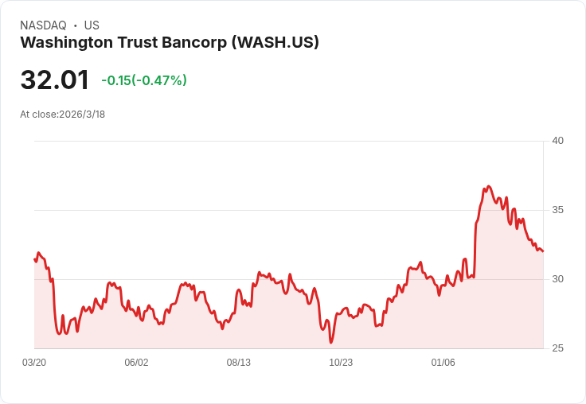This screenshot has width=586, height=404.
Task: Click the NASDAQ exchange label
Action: click(43, 25)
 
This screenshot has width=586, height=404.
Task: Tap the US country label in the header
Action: click(92, 25)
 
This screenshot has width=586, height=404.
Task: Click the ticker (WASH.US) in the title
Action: click(275, 43)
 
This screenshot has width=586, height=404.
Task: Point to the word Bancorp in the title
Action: click(194, 43)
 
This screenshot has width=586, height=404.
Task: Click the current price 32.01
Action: click(54, 80)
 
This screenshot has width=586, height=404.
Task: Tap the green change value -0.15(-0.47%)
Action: click(144, 80)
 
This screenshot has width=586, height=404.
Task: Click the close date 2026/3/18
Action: click(82, 115)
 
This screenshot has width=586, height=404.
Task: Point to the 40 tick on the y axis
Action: click(557, 141)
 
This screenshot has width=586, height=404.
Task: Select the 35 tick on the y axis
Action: click(557, 210)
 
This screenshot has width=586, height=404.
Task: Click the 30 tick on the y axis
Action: click(557, 279)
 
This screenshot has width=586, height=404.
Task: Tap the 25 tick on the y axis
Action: click(557, 348)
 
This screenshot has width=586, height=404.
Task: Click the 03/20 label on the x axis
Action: click(34, 363)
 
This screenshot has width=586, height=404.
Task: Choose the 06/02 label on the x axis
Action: click(136, 363)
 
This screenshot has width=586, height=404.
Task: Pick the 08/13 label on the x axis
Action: click(239, 363)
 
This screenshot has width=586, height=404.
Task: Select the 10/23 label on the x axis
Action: click(341, 363)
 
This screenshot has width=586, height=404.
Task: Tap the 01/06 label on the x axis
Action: click(443, 363)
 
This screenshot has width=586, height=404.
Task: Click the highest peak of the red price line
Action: click(488, 187)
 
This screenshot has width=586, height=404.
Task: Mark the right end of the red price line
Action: click(542, 251)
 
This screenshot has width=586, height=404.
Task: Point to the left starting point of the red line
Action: click(35, 259)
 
